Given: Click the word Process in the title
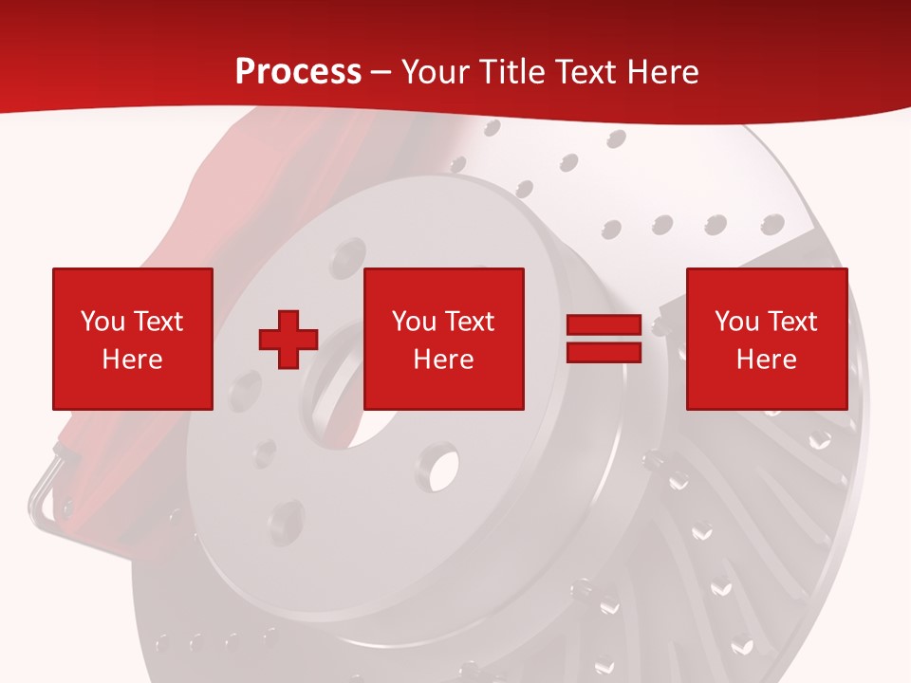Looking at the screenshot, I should pos(298,72).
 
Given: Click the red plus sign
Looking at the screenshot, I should pos(288,339).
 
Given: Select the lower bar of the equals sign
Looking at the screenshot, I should pos(604,352).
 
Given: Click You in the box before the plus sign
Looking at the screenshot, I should pos(102,322).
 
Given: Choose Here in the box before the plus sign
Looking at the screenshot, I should pos(132,360).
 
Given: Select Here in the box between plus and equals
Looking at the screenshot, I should pos(443,360).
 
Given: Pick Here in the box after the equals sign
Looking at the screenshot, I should pos(766,360).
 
